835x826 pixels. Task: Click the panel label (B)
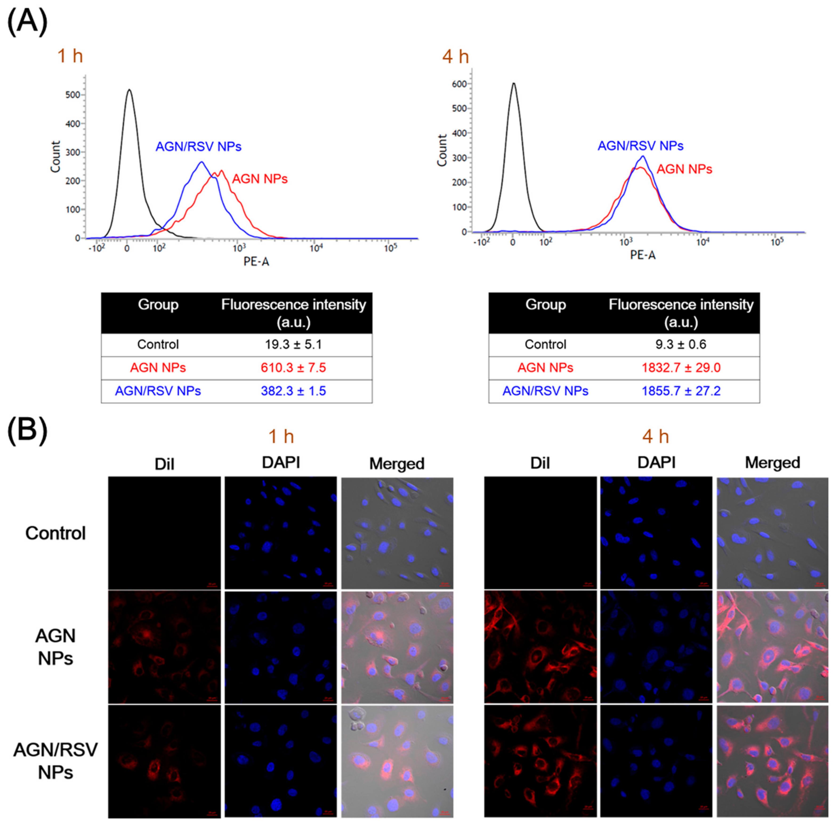27,430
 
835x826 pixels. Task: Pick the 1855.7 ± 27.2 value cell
681,391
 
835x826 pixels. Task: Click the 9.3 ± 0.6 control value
681,344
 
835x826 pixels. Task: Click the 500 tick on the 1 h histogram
73,95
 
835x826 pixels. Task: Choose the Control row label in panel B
55,533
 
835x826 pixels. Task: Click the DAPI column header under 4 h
656,463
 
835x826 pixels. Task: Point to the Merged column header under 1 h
397,464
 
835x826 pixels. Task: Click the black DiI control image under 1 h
164,532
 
